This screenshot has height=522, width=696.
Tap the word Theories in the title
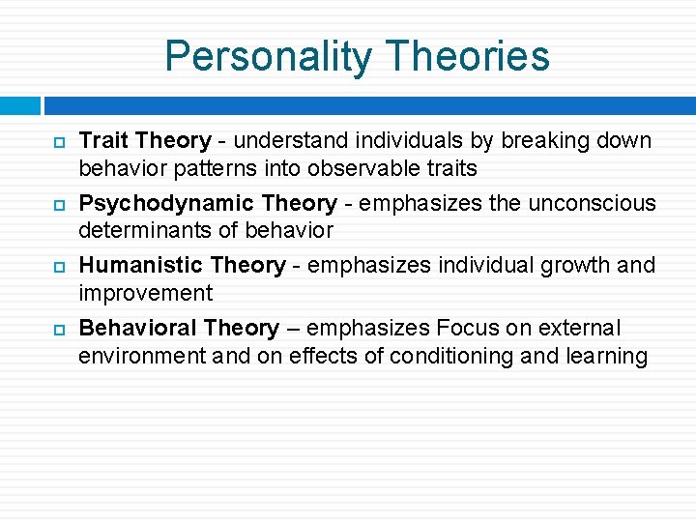point(464,56)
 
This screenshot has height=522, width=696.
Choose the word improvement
point(145,293)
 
